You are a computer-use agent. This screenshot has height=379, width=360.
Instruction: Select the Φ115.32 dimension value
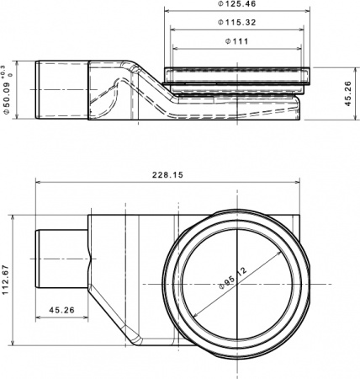click(x=240, y=22)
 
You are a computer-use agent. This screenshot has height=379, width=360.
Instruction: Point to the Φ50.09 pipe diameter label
click(x=8, y=90)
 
